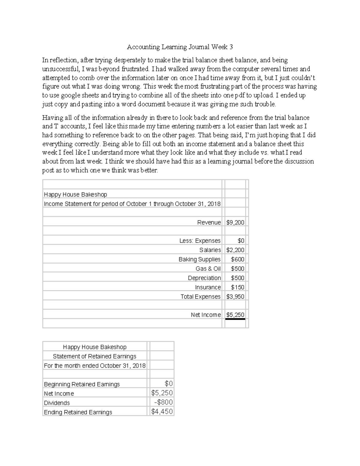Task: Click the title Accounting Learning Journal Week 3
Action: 180,47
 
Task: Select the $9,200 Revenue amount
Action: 235,222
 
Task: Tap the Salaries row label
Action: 210,250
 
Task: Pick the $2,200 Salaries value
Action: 235,250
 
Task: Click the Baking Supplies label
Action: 199,259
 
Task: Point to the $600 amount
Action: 238,259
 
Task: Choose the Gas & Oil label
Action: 208,269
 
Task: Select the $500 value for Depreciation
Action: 238,278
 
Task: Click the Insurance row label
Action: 208,287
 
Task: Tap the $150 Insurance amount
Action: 238,287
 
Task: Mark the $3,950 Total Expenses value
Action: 235,296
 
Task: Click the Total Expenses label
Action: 200,296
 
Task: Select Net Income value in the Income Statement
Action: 235,315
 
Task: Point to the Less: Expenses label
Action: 200,241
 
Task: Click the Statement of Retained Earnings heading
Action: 94,356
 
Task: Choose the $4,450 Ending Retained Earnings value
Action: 162,411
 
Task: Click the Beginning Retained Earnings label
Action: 82,384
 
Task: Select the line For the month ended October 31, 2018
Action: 94,365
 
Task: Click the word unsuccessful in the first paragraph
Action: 60,69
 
